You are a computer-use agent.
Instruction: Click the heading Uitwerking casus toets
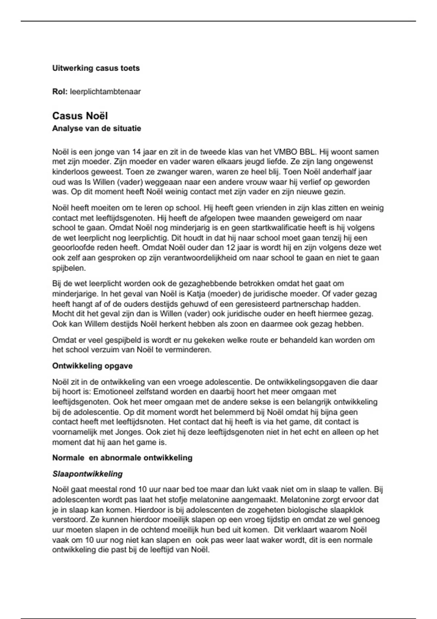[x=96, y=68]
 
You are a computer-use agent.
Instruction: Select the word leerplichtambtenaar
[x=105, y=91]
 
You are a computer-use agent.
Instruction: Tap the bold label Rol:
[x=60, y=91]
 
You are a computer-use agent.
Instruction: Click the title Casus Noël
[x=80, y=116]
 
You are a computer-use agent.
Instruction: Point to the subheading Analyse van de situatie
[x=97, y=129]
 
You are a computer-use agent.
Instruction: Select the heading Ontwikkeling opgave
[x=92, y=366]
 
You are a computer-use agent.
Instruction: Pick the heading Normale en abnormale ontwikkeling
[x=122, y=458]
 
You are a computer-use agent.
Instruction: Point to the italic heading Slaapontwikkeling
[x=87, y=474]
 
